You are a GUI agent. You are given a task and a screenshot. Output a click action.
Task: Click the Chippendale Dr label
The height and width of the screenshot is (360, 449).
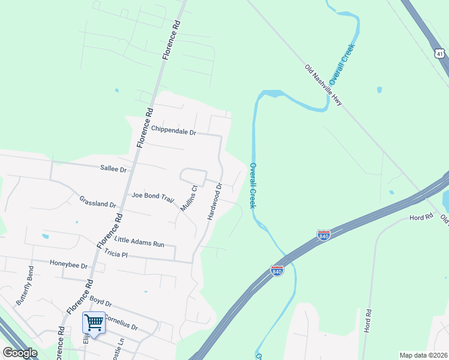(x=173, y=130)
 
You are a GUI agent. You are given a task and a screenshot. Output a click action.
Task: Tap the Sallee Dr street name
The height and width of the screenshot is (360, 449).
(x=115, y=170)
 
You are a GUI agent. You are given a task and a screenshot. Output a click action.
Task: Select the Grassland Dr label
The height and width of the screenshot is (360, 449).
(x=97, y=201)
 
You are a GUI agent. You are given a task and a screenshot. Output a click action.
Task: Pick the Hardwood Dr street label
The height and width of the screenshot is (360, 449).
(x=214, y=202)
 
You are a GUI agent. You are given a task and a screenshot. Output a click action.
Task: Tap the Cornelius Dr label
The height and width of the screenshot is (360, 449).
(x=122, y=322)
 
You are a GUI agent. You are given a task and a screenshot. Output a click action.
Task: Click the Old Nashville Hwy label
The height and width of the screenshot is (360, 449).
(x=323, y=85)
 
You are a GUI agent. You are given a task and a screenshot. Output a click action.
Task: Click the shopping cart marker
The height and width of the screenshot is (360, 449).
(x=94, y=323)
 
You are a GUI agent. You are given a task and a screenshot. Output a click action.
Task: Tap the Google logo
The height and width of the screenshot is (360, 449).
(x=20, y=353)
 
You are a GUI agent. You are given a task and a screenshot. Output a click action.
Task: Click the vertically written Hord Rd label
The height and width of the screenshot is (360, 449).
(x=368, y=322)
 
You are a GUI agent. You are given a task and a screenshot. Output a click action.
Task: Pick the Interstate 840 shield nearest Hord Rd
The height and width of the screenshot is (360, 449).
(x=324, y=236)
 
